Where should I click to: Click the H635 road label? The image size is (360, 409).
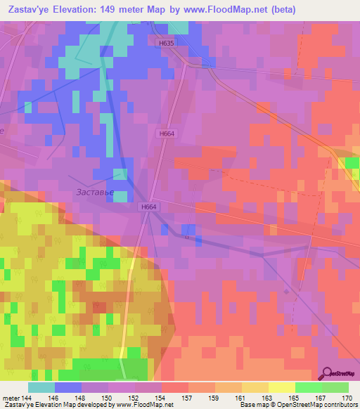coord(165,43)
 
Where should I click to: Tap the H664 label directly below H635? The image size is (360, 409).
coord(166,134)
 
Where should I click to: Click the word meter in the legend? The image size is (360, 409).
coord(12,397)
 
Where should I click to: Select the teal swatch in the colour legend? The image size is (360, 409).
coord(41,387)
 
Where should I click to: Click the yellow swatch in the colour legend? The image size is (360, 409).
coord(281,387)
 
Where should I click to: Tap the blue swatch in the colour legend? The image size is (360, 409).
coord(67,387)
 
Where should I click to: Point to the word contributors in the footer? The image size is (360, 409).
coord(340,405)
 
